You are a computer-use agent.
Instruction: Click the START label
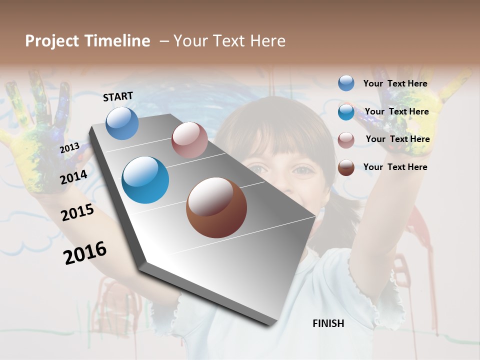[118, 96]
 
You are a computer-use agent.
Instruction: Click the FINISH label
[328, 323]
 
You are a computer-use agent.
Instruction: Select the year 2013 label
[69, 148]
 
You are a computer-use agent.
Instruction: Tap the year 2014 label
[73, 177]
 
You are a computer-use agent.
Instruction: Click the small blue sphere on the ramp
[122, 123]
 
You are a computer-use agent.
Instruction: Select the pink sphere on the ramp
[189, 140]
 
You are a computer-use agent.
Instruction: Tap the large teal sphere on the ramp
[145, 180]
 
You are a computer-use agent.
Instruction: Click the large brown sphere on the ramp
[216, 207]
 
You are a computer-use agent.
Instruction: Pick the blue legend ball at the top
[346, 83]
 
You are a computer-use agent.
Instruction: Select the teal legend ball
[346, 112]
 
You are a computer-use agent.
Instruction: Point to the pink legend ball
[346, 140]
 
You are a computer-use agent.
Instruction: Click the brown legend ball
[346, 167]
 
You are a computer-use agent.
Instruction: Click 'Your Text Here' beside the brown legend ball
[395, 167]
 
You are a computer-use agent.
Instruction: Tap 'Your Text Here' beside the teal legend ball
[396, 111]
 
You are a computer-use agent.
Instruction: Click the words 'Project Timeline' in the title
[87, 41]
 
